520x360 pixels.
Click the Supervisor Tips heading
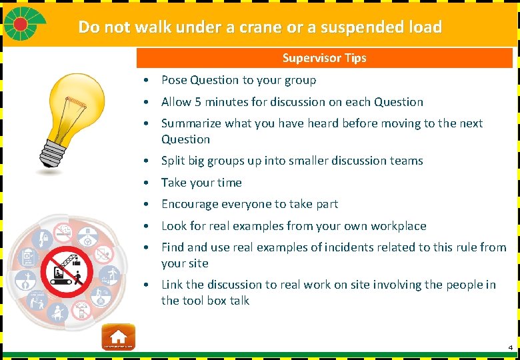[324, 58]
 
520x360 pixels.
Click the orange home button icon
[118, 337]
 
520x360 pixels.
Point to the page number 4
[510, 348]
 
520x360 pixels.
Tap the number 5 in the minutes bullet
[198, 102]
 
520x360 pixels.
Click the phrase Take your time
[201, 183]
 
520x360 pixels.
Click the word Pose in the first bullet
[174, 80]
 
